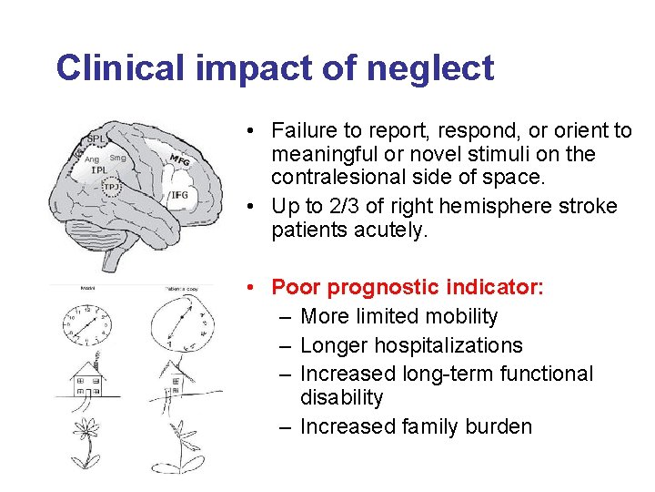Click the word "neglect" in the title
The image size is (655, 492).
pos(436,68)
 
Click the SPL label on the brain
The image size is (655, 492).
pos(95,139)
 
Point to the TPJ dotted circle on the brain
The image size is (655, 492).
pos(112,188)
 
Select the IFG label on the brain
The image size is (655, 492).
pos(179,195)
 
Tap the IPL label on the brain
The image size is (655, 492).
pos(100,170)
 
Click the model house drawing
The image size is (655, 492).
pos(88,381)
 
